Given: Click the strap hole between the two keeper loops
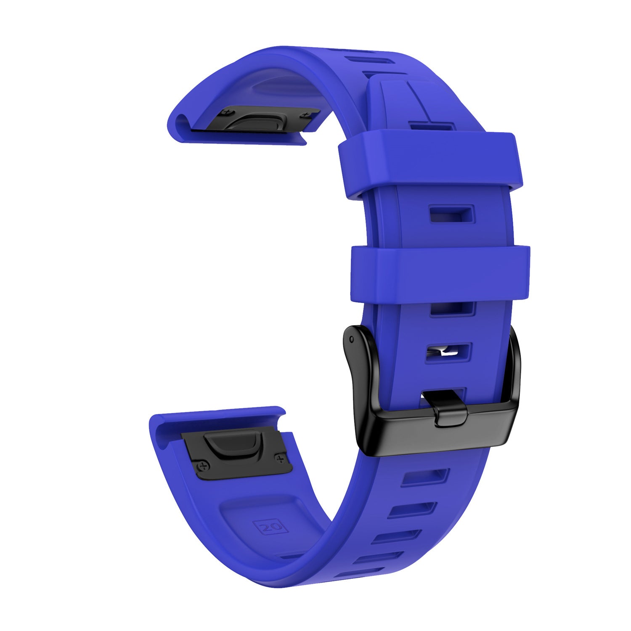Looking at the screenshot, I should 451,214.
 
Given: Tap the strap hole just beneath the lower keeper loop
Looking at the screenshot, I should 452,309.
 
